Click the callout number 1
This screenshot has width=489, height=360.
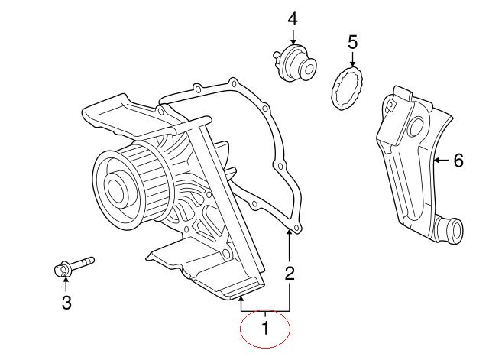click(x=265, y=328)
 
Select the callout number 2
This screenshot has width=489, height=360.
click(x=290, y=274)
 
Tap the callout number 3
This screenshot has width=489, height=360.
click(x=66, y=302)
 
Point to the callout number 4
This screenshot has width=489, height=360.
click(x=293, y=19)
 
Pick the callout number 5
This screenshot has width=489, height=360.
click(x=352, y=42)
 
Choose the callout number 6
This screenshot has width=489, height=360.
click(x=458, y=161)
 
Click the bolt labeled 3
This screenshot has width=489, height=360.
click(x=74, y=267)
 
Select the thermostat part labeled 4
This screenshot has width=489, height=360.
click(x=293, y=63)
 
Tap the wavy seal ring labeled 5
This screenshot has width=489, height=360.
click(x=347, y=89)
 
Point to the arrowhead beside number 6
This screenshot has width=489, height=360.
click(x=436, y=161)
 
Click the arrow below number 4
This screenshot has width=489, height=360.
click(x=293, y=37)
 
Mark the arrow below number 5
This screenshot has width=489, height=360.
click(x=352, y=60)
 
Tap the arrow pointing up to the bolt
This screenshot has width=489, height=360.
click(x=66, y=284)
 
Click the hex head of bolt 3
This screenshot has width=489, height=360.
click(x=61, y=269)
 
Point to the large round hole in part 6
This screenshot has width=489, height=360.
click(x=415, y=128)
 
